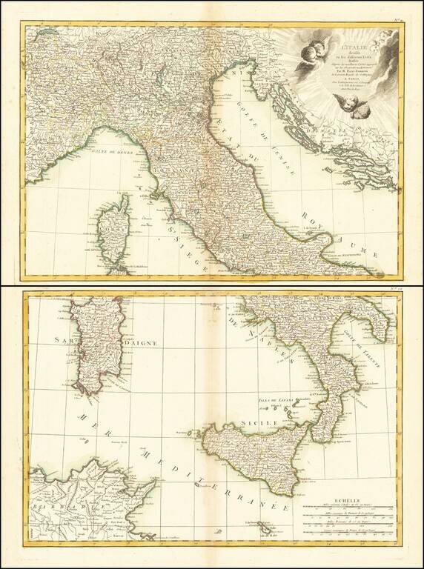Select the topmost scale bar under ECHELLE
pyautogui.click(x=349, y=510)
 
